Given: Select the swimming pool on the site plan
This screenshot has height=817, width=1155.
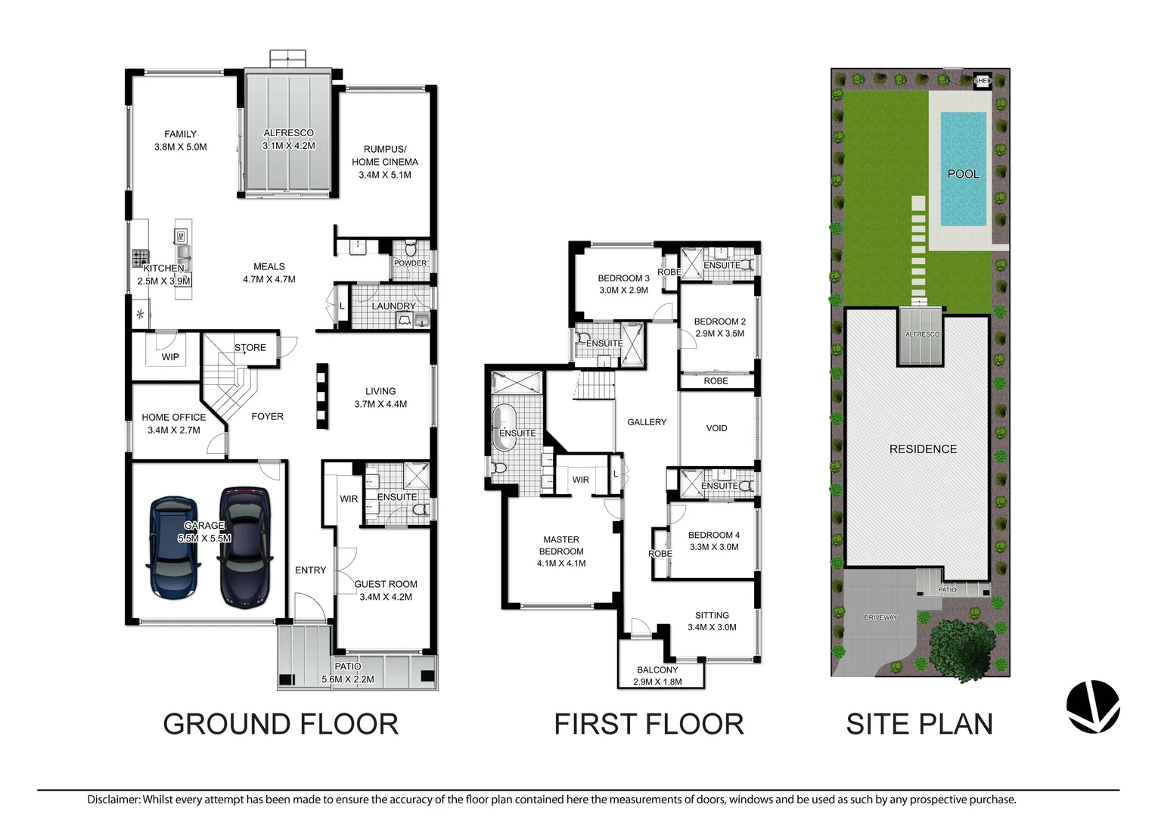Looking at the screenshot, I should [963, 169].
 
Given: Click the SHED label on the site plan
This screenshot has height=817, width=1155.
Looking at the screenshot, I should [981, 80].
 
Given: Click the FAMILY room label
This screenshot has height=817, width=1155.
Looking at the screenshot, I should [180, 134].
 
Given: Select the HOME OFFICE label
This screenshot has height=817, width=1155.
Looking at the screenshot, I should [173, 417].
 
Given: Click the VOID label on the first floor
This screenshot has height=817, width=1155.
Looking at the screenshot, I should [716, 428].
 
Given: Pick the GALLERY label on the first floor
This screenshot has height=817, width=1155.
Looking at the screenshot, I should [647, 422].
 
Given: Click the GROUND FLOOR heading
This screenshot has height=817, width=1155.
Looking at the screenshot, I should [281, 724].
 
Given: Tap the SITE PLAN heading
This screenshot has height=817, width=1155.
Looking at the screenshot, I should [919, 724].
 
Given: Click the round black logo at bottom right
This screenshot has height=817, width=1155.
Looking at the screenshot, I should [1092, 706].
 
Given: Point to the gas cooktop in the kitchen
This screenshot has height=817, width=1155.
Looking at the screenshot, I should [141, 256].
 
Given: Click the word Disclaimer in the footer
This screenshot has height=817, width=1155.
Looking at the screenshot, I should [113, 799].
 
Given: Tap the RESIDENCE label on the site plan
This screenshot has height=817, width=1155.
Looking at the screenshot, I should [922, 449].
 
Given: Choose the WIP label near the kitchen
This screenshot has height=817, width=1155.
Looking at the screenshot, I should [170, 356].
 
